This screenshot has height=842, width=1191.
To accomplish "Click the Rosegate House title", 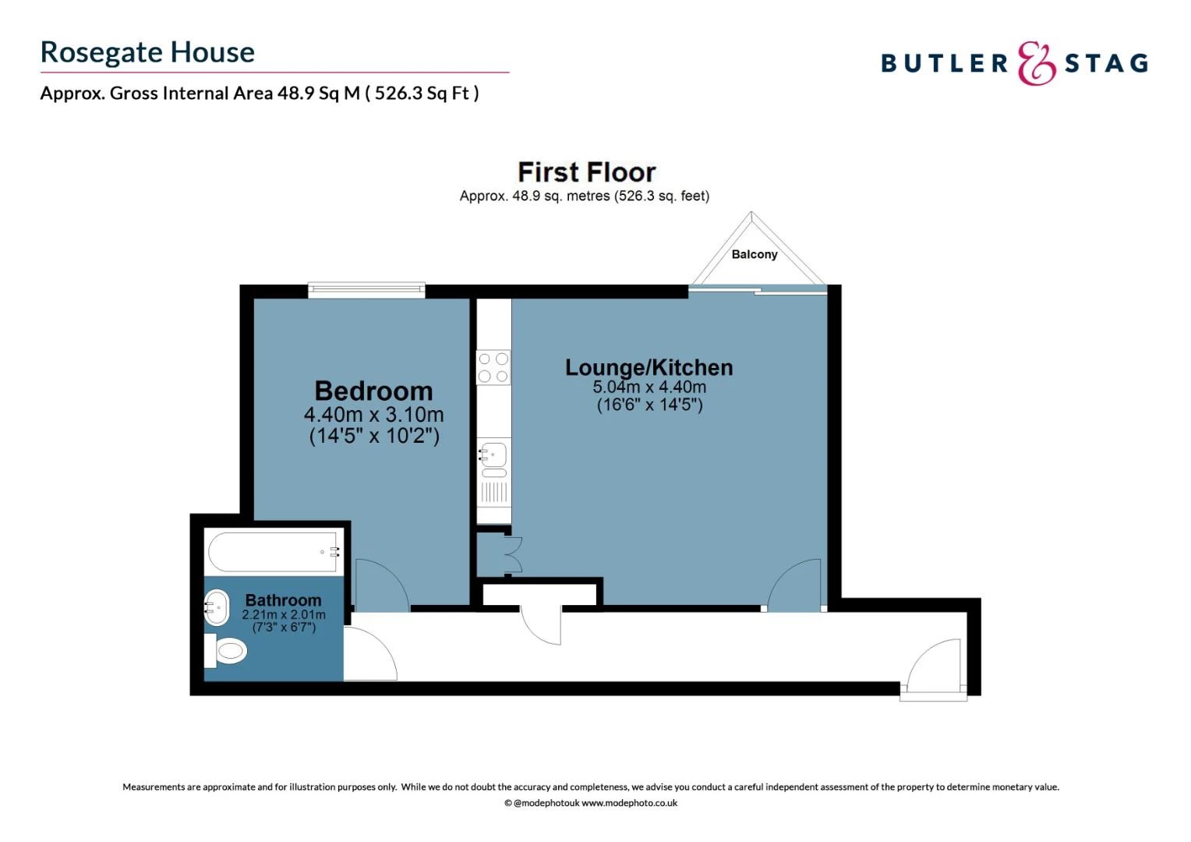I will (x=147, y=52).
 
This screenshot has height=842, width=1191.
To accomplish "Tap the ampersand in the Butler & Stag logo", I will (x=1036, y=63).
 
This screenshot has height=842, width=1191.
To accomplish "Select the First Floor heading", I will (x=586, y=172).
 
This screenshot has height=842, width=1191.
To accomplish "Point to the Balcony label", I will (x=754, y=254).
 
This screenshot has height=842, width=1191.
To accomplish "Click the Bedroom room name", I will (x=373, y=391).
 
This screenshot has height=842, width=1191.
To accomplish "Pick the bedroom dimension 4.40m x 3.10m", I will (x=373, y=414).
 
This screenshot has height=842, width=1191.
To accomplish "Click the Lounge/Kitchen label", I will (x=649, y=367).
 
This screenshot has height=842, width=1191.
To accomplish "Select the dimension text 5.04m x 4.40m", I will (x=649, y=387).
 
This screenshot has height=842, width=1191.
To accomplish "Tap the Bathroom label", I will (x=283, y=600).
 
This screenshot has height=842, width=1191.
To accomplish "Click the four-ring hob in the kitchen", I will (x=493, y=367).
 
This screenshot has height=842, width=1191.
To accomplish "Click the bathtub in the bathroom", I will (x=274, y=552).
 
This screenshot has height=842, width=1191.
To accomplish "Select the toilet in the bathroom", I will (x=227, y=650).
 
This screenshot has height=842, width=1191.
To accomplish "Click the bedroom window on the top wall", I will (x=366, y=290).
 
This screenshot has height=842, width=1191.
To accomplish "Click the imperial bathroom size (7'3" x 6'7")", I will (x=284, y=627).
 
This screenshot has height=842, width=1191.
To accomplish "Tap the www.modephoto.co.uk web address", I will (x=629, y=803).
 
